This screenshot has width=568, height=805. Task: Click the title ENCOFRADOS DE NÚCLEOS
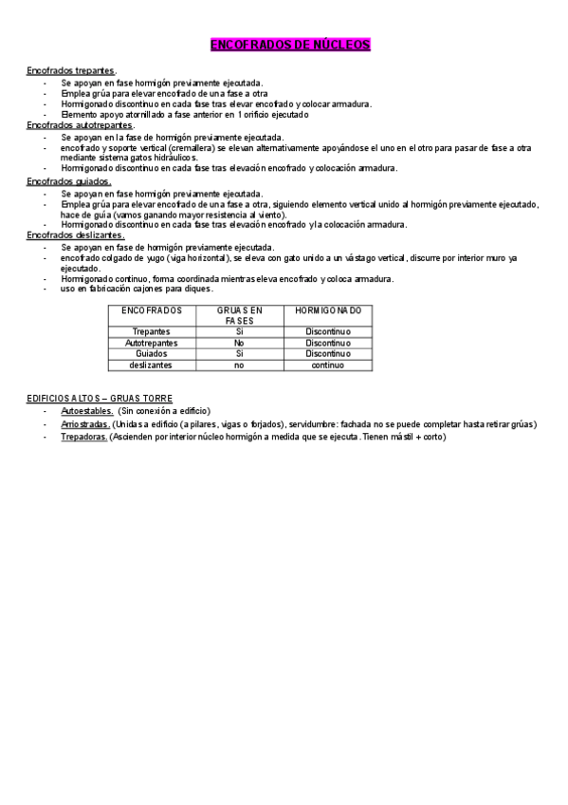coord(289,45)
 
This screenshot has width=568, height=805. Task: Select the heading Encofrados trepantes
coord(71,71)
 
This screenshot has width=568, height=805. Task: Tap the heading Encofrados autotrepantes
coord(80,124)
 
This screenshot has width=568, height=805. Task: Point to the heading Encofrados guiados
coord(68,179)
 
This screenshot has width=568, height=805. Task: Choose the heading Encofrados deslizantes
coord(75,234)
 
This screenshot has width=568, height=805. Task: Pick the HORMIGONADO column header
coord(328,310)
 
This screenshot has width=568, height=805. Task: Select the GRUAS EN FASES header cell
coord(239,315)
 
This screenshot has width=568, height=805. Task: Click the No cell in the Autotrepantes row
coord(239,343)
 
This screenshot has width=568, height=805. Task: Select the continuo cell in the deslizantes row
coord(328,365)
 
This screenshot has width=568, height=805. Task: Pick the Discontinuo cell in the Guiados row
coord(328,353)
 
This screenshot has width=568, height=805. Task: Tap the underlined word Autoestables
coord(87,411)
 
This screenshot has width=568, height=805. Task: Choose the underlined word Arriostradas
coord(86,424)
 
